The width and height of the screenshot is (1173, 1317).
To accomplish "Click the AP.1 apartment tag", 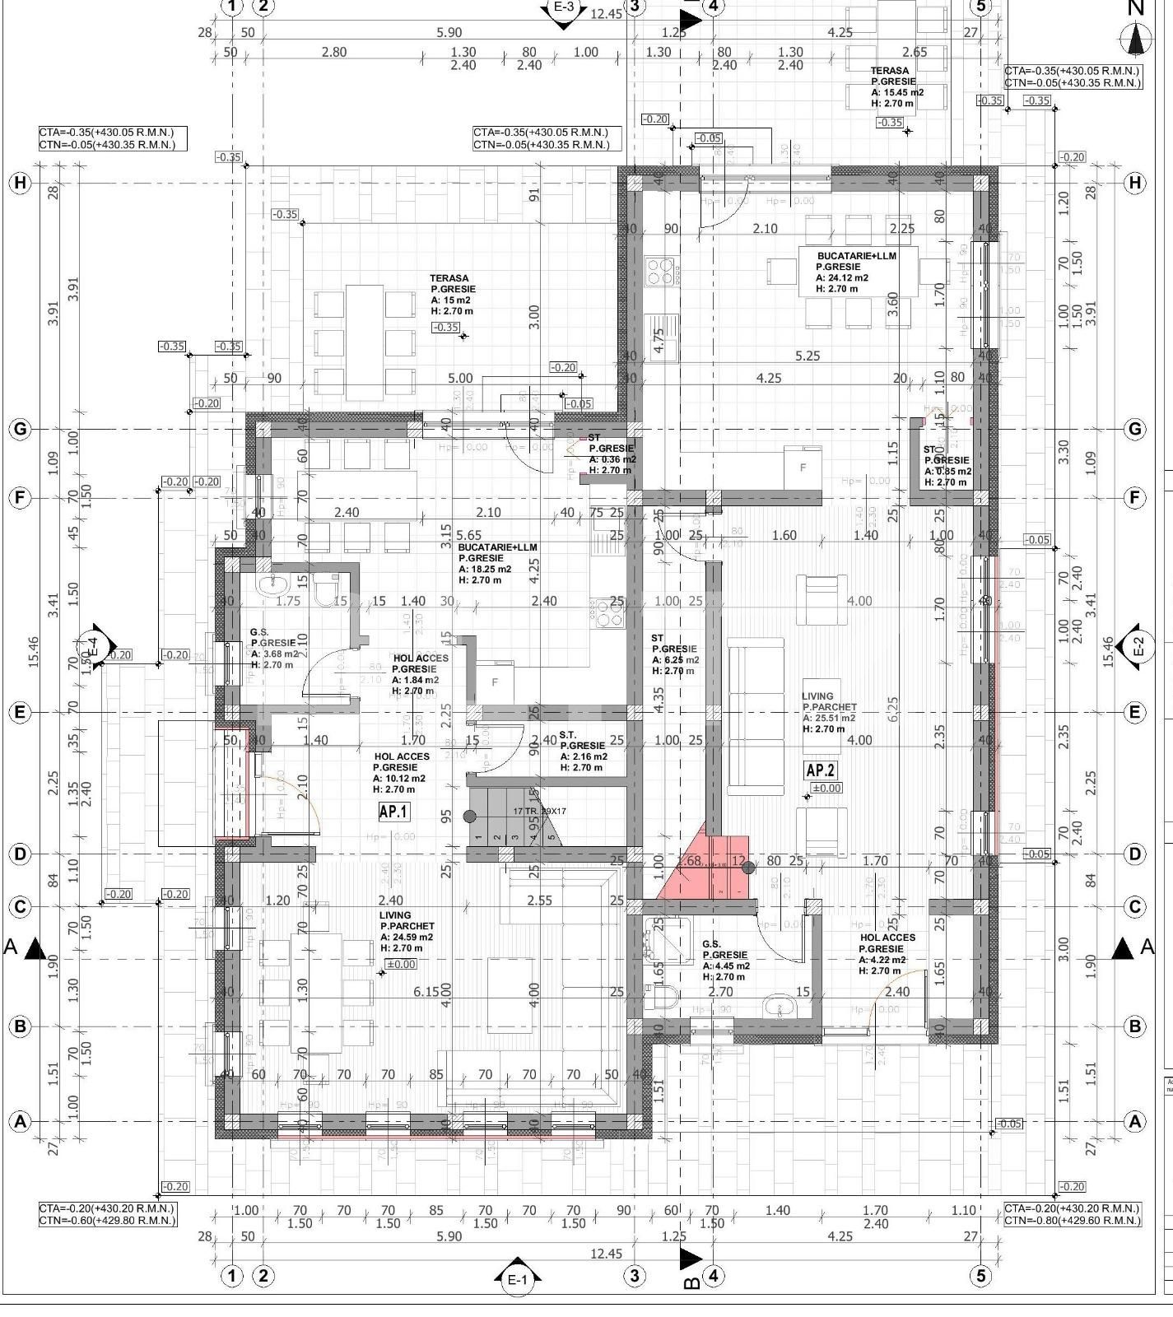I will (393, 812).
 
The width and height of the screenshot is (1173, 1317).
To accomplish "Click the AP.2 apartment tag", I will (820, 770).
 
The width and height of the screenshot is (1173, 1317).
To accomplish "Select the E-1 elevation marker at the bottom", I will (516, 1279).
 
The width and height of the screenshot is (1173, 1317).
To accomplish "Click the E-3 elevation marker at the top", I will (563, 8).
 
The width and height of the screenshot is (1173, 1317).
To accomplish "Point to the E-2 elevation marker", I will (1138, 646).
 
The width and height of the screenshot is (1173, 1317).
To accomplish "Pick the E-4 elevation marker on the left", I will (92, 646).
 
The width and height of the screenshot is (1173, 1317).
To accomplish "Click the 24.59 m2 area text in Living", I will (407, 937).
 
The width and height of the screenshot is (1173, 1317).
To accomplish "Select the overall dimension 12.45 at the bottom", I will (606, 1254).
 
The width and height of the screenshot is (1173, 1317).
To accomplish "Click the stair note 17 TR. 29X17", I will (540, 811).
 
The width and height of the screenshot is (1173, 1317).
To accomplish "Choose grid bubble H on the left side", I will (20, 183).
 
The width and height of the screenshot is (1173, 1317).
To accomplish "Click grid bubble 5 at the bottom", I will (980, 1276).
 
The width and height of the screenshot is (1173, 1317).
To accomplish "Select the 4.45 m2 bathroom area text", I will (726, 966).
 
